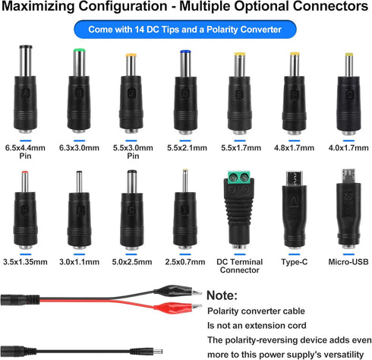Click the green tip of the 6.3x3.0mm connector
[x=79, y=50]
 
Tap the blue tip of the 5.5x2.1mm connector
[x=185, y=52]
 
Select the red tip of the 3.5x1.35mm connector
[x=24, y=172]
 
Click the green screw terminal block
[x=239, y=177]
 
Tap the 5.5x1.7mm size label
[x=241, y=148]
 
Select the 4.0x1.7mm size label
[x=348, y=148]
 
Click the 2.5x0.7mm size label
[x=185, y=262]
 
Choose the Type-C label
[x=295, y=262]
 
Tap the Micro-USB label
[x=348, y=262]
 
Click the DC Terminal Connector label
[x=239, y=266]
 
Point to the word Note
[x=222, y=295]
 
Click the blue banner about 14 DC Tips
[x=185, y=30]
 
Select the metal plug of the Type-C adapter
[x=294, y=178]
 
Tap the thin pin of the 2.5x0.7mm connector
[x=185, y=180]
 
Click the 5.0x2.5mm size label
[x=132, y=262]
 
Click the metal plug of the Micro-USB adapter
[x=348, y=176]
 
